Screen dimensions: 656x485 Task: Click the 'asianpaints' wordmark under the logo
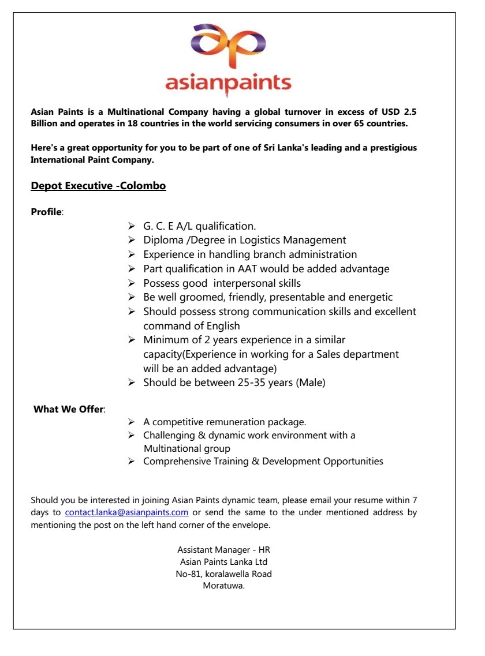click(228, 83)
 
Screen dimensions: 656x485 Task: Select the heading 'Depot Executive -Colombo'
click(98, 186)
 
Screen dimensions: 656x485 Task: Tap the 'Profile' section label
click(46, 212)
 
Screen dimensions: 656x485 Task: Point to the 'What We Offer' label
click(69, 409)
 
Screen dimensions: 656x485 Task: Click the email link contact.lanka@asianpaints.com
click(126, 512)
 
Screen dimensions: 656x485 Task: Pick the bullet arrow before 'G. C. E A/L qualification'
click(132, 226)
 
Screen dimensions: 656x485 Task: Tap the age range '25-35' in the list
click(251, 382)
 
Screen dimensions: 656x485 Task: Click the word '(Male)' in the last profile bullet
click(311, 382)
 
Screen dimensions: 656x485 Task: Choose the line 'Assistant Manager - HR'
click(223, 550)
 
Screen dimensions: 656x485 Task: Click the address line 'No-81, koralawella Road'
click(223, 573)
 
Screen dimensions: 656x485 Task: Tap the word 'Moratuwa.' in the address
click(223, 586)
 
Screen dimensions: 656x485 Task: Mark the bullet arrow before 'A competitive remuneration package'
click(132, 422)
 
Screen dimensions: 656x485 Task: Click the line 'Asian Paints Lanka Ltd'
click(223, 561)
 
